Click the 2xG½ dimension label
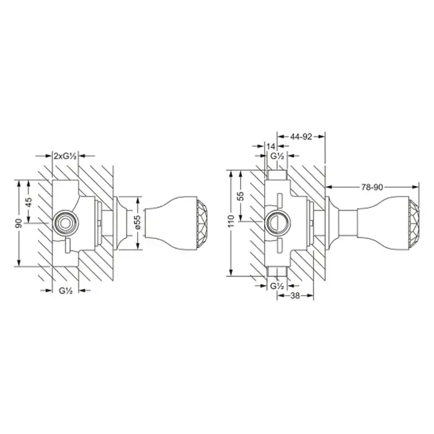65,156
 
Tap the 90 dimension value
19,223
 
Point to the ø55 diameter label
138,222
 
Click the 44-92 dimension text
301,136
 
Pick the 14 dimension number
272,146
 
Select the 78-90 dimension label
372,187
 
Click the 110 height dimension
232,221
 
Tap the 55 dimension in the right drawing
241,196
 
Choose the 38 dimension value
295,296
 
